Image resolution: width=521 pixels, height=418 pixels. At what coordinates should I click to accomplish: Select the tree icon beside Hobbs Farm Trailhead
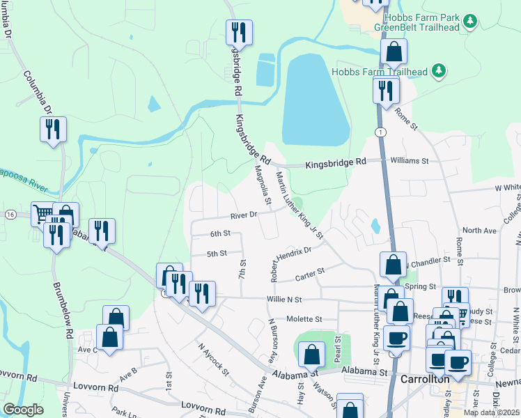[x=439, y=70]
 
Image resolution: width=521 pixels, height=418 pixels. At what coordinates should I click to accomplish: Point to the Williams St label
[x=410, y=160]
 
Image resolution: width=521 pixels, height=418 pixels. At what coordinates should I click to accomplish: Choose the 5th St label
[x=217, y=254]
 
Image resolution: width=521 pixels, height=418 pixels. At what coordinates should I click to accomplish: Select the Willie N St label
[x=283, y=300]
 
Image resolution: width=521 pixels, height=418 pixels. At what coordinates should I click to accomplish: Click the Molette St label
[x=306, y=319]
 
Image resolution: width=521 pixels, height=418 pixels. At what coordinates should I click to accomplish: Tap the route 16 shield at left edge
[x=10, y=214]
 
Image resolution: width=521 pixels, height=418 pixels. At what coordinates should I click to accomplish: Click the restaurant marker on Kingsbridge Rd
[x=239, y=33]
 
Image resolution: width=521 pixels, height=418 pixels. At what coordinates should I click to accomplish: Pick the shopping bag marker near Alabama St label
[x=311, y=355]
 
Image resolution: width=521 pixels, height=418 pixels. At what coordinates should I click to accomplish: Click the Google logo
[x=24, y=410]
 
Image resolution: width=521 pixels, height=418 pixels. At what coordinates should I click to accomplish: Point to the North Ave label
[x=480, y=230]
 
